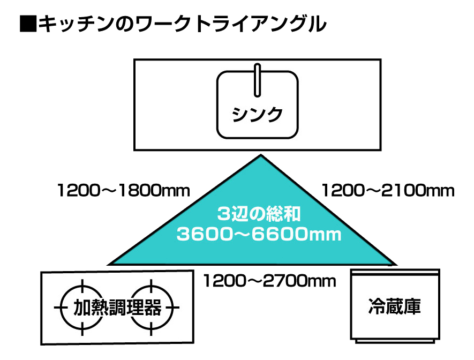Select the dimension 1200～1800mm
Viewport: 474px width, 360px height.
(124, 190)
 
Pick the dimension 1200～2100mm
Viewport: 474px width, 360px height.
(387, 190)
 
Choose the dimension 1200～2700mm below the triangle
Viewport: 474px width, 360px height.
(269, 280)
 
